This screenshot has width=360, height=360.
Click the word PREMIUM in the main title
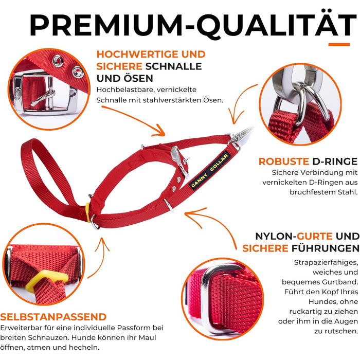point(106,25)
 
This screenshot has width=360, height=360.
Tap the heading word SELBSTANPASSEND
point(53,317)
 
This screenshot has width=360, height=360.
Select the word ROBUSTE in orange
point(283,161)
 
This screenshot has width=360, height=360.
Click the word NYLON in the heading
point(274,236)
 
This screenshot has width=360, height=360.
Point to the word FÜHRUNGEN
point(326,248)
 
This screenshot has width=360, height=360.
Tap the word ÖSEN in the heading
point(138,78)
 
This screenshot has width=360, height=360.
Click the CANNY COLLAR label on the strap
point(210,170)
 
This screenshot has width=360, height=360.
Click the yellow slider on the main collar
point(87,212)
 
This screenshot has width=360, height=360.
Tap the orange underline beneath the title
point(339,45)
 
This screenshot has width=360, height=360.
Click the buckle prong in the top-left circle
point(43,97)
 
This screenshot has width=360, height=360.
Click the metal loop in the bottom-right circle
point(207,298)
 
